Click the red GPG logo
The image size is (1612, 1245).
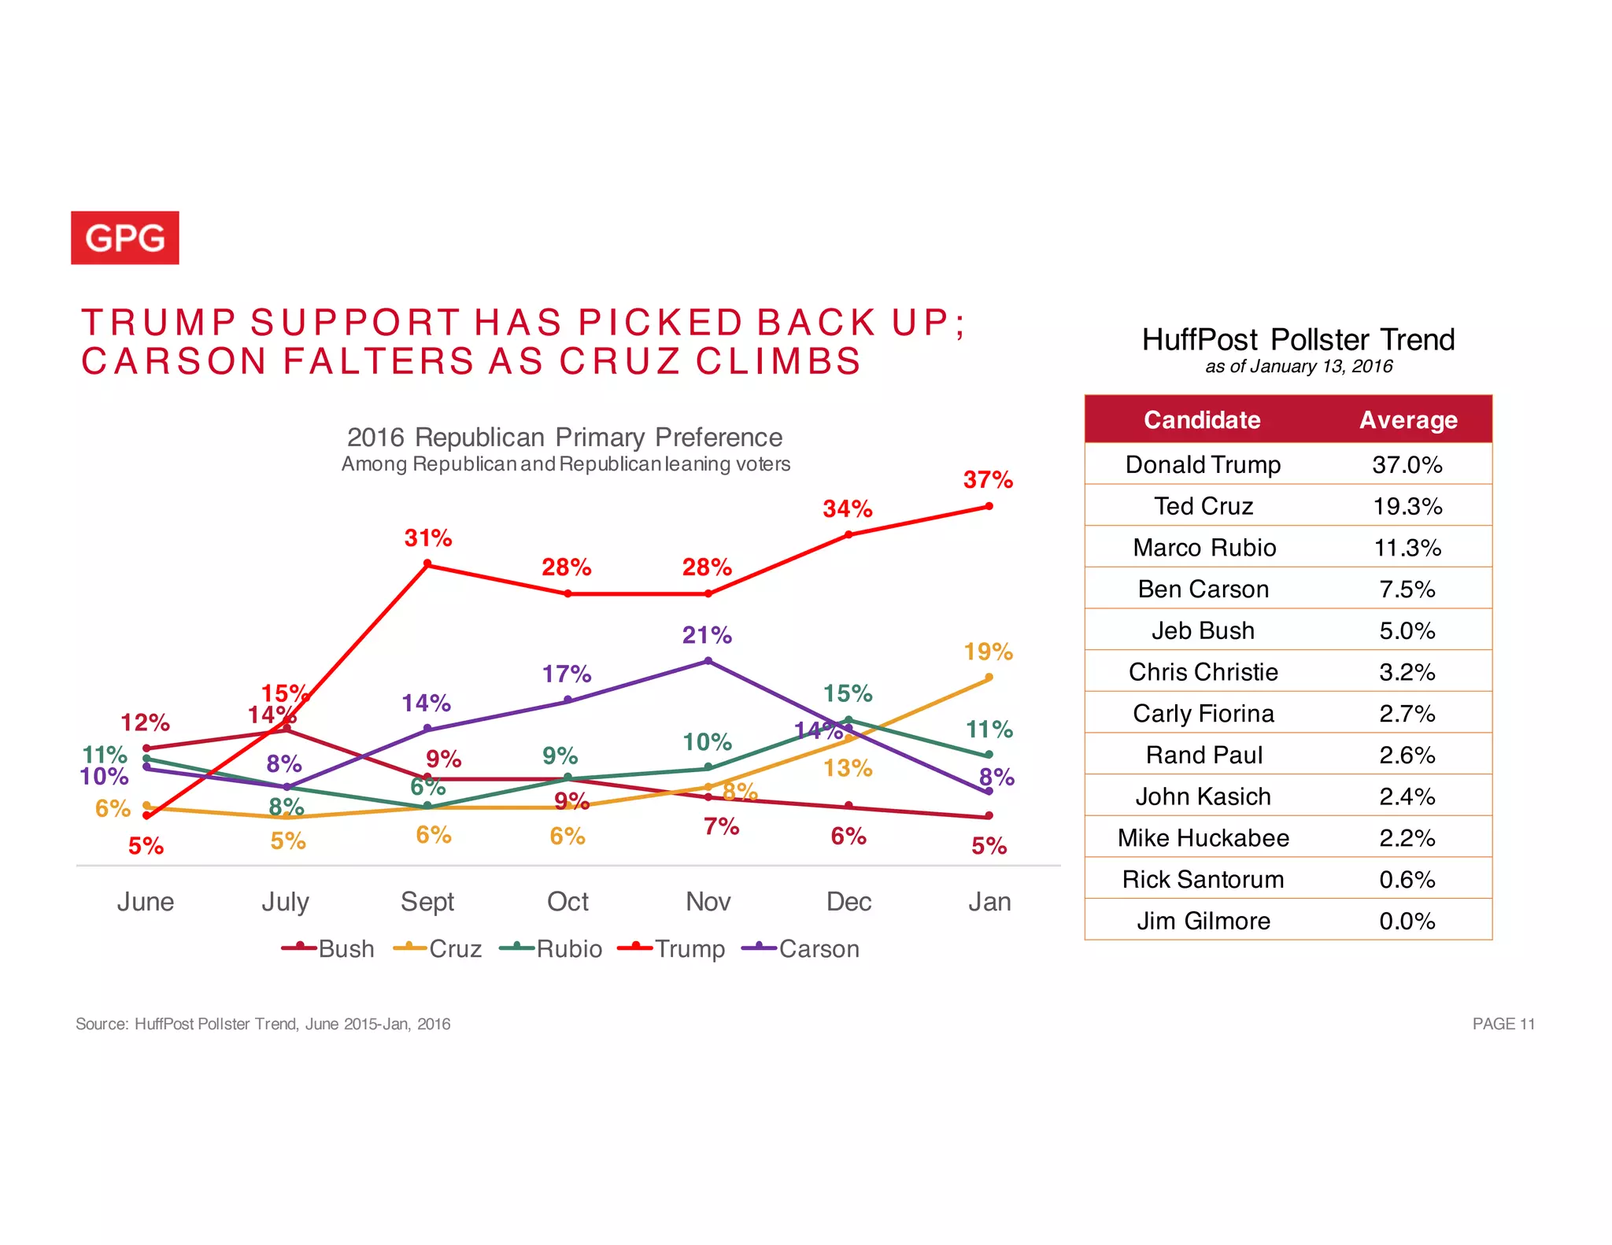124,238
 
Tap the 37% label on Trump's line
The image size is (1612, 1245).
988,479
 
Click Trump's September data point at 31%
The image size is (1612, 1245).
427,563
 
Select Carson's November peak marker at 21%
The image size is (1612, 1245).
708,661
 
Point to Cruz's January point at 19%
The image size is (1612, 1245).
989,677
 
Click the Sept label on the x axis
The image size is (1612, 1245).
427,901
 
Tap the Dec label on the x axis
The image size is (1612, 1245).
848,901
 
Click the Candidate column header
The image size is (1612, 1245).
1201,419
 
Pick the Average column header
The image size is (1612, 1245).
1408,419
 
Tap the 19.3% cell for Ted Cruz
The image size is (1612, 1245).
1407,506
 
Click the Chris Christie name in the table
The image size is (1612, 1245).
1203,672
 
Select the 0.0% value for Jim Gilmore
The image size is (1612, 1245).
1407,921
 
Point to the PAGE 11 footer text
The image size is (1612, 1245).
1503,1024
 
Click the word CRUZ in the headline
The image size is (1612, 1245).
619,361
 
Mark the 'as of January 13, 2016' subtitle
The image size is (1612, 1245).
1299,366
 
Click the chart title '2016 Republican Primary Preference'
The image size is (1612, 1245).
564,437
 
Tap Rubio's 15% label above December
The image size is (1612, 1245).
847,693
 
